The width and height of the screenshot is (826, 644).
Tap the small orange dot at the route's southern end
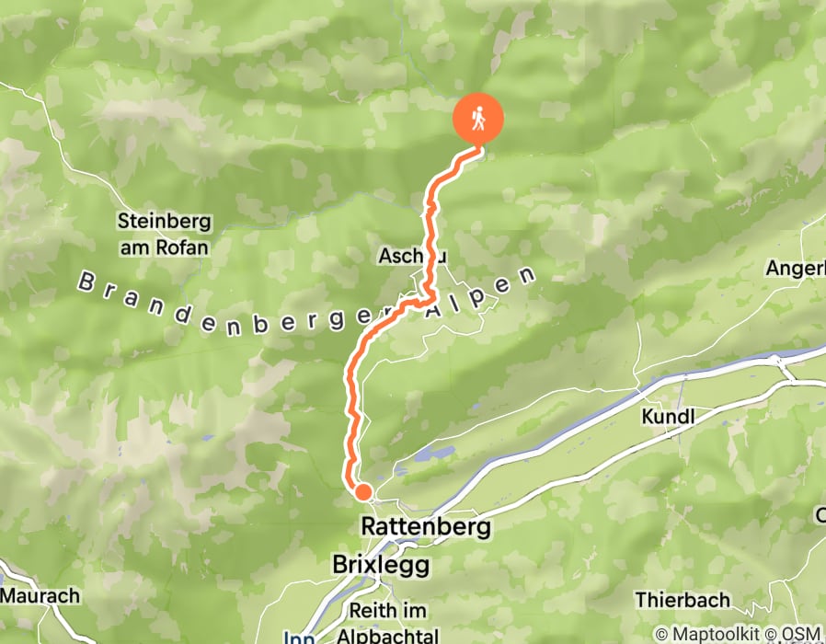(362, 492)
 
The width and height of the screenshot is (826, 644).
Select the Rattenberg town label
(426, 527)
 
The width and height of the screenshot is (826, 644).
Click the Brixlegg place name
(380, 563)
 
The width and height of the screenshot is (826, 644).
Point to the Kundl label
(668, 417)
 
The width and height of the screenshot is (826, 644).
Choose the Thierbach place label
(683, 600)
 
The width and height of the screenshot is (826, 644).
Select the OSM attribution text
(801, 634)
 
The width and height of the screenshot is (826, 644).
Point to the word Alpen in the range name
(480, 292)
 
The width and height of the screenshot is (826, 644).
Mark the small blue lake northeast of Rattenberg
(430, 454)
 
